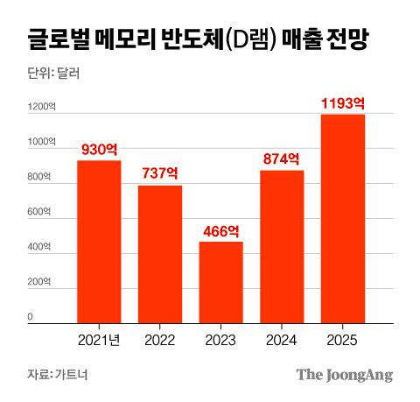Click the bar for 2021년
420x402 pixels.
tap(99, 242)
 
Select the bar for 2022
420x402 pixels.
tap(160, 254)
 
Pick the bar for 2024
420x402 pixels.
tap(282, 246)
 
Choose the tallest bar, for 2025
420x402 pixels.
tap(343, 218)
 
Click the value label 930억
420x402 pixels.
tap(99, 150)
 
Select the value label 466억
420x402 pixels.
tap(221, 230)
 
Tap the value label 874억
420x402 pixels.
tap(282, 159)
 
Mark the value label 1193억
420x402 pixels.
tap(343, 103)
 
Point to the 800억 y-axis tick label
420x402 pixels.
tap(38, 178)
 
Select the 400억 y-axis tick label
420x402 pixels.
tap(38, 247)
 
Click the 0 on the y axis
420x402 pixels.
tap(30, 316)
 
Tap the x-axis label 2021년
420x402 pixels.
tap(99, 338)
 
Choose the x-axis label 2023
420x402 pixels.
tap(221, 338)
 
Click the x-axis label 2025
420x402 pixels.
tap(343, 338)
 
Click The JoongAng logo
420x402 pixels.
tap(344, 375)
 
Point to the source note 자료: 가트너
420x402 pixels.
tap(57, 375)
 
